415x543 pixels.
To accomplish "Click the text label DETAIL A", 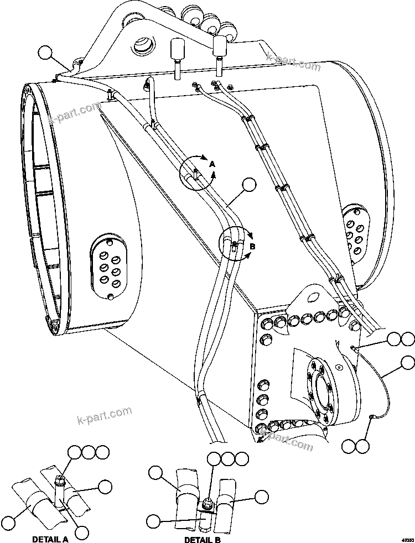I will coord(50,539).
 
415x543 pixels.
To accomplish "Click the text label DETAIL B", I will coord(203,539).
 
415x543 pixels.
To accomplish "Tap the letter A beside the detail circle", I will coord(212,163).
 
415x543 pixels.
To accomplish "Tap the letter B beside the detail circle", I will coord(252,246).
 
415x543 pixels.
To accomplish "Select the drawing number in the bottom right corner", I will coord(407,539).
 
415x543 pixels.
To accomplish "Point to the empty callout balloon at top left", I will coord(46,54).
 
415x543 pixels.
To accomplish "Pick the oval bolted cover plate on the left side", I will coord(108,268).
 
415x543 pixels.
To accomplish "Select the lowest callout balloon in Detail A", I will coord(82,532).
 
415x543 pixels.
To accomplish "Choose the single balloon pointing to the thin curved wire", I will coord(407,363).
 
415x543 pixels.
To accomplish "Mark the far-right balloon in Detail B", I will coord(262,497).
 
